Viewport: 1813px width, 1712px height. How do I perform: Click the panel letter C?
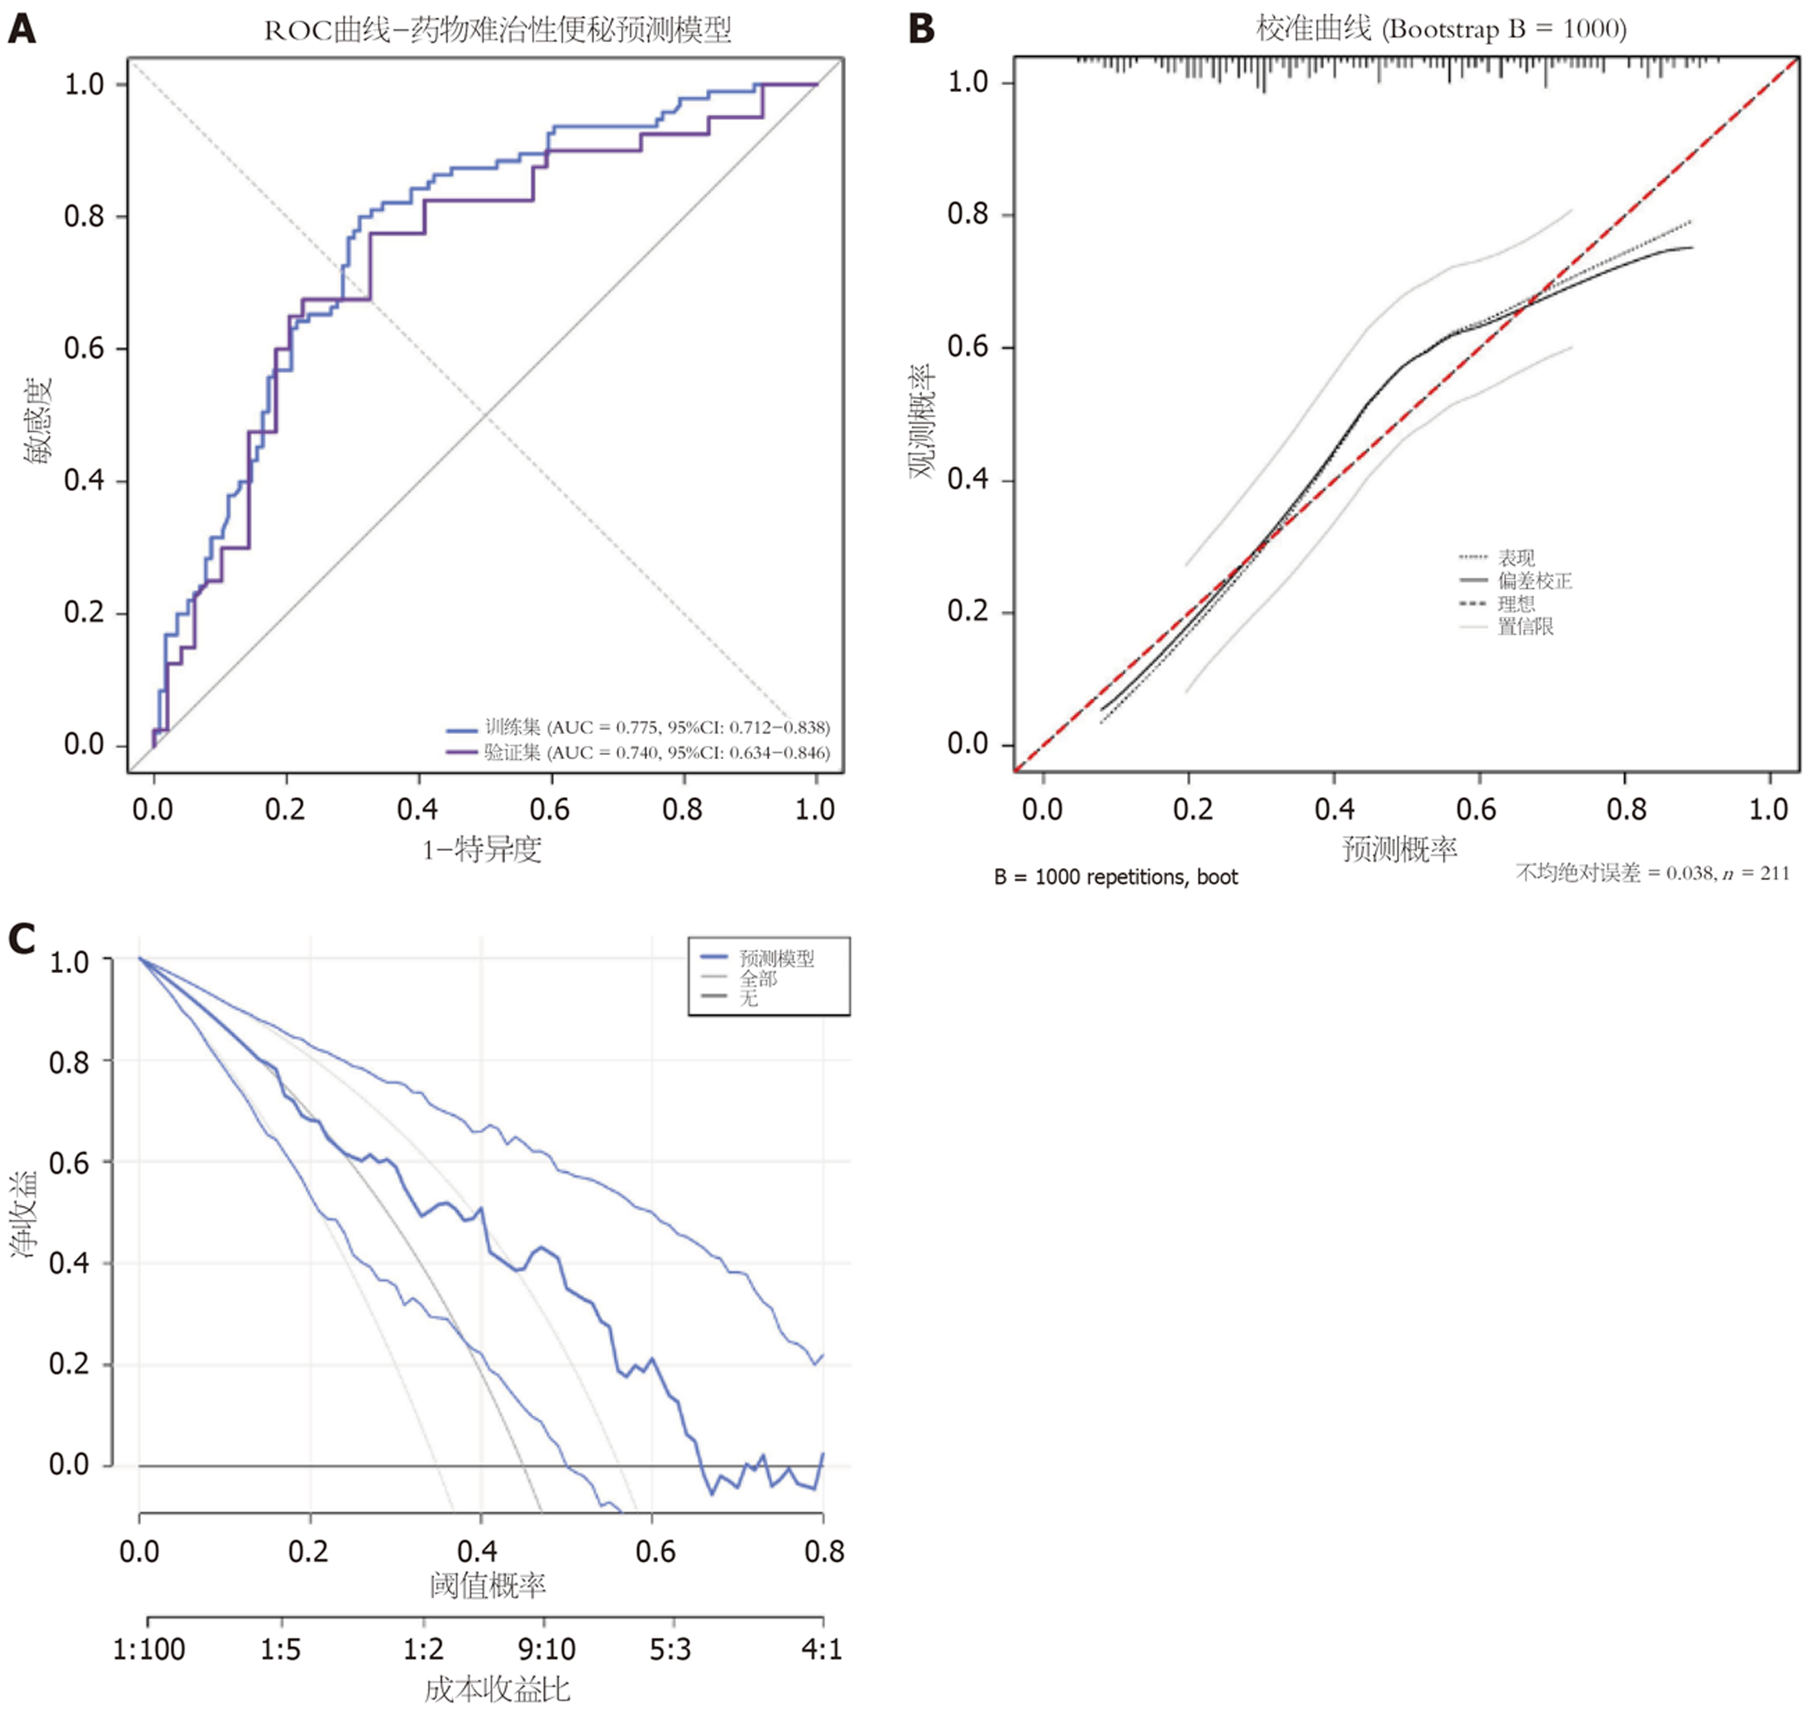[22, 938]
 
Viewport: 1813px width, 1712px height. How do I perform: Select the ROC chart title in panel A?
[498, 30]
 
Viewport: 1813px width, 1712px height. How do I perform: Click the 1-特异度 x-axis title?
[482, 850]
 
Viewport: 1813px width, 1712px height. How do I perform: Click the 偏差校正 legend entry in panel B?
[1534, 581]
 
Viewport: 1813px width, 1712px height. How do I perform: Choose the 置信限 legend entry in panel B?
[1525, 627]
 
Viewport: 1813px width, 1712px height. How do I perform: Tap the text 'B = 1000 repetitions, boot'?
[1115, 877]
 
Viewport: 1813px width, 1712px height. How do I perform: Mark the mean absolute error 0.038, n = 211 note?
[1652, 873]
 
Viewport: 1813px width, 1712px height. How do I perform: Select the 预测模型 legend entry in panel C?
[776, 958]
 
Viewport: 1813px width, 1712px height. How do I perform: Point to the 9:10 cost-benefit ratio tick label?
[546, 1649]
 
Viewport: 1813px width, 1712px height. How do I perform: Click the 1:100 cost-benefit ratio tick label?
[149, 1649]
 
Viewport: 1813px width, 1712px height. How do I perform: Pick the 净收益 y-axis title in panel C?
[25, 1214]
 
